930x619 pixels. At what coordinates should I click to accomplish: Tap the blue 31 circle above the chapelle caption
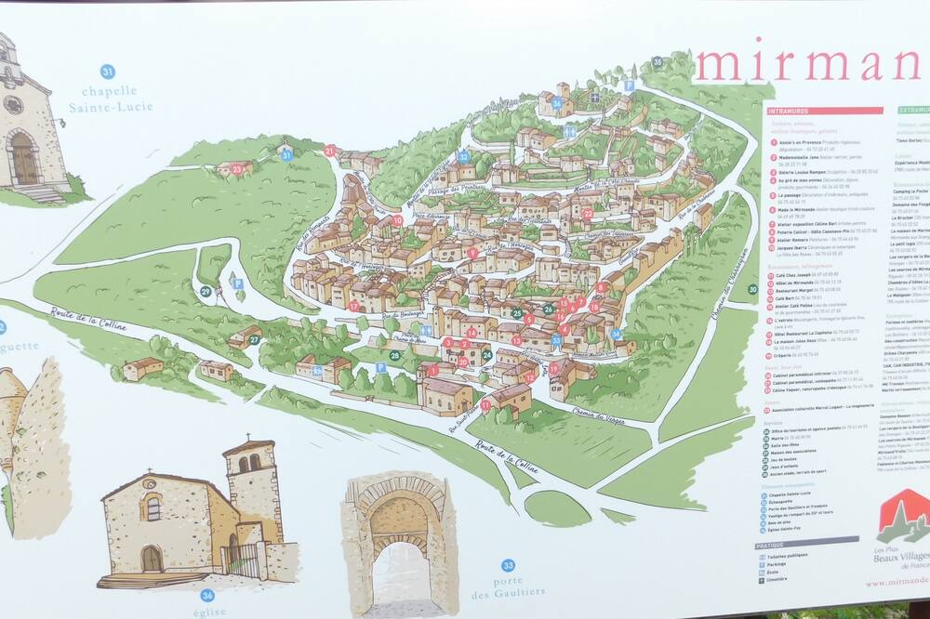point(108,72)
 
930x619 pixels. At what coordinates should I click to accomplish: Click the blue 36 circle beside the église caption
point(206,595)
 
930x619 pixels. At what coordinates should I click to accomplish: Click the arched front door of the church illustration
point(152,559)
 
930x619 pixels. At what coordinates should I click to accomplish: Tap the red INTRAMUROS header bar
point(824,111)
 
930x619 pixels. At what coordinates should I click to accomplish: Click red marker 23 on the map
point(237,169)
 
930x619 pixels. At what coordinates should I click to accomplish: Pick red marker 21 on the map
point(329,150)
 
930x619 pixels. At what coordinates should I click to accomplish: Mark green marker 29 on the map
point(206,291)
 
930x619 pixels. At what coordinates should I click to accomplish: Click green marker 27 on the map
point(254,340)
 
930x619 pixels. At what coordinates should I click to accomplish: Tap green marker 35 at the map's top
point(658,62)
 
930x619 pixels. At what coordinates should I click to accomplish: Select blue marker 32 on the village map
point(463,157)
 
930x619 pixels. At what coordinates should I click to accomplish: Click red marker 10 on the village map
point(397,220)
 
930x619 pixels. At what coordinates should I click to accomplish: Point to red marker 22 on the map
point(587,213)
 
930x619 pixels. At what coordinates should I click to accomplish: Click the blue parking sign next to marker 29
point(238,283)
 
